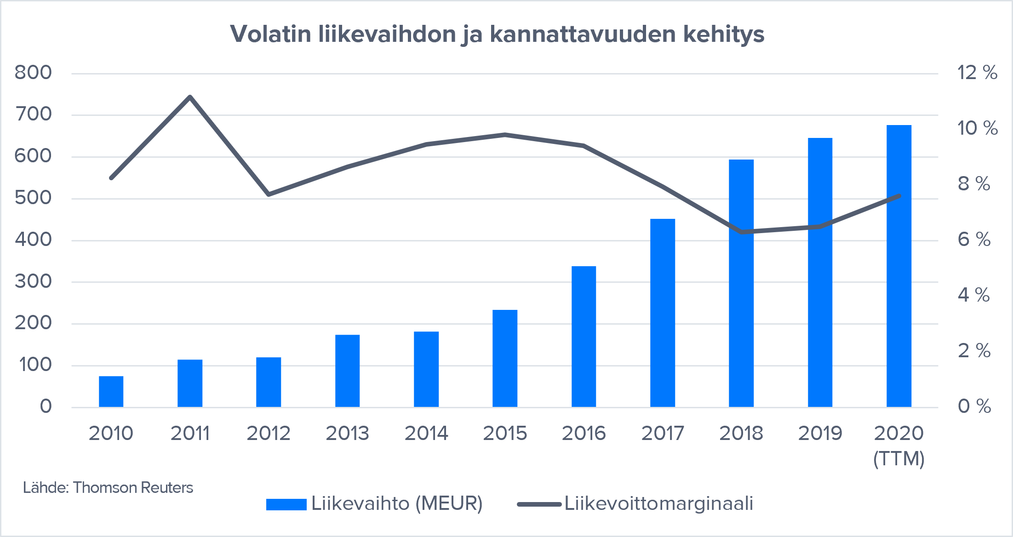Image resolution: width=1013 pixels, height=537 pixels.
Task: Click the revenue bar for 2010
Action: point(111,391)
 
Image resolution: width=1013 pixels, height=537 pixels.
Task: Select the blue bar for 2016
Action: point(584,337)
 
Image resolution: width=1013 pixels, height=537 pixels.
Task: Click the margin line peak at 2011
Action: point(190,97)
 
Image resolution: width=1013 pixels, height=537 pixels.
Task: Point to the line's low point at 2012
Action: point(269,194)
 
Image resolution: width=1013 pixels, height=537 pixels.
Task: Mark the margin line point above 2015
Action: point(505,135)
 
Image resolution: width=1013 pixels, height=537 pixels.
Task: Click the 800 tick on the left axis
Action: point(33,73)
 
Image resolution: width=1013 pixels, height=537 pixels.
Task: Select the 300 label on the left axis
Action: point(33,281)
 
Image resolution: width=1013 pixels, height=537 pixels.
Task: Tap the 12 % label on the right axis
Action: point(977,73)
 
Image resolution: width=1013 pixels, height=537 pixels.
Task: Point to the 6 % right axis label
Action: point(974,240)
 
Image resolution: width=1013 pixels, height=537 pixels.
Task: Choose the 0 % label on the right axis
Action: point(974,406)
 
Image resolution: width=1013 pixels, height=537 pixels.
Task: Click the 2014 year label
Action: point(426,434)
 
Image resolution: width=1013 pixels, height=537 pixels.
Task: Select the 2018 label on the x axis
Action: point(741,434)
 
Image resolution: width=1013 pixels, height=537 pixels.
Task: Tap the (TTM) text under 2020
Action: point(899,459)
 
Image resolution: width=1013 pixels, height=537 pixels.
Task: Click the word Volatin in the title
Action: point(270,34)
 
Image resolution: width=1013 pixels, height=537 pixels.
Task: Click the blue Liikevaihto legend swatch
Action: point(286,504)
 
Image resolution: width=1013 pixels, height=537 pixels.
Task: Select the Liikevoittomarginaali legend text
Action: point(658,503)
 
